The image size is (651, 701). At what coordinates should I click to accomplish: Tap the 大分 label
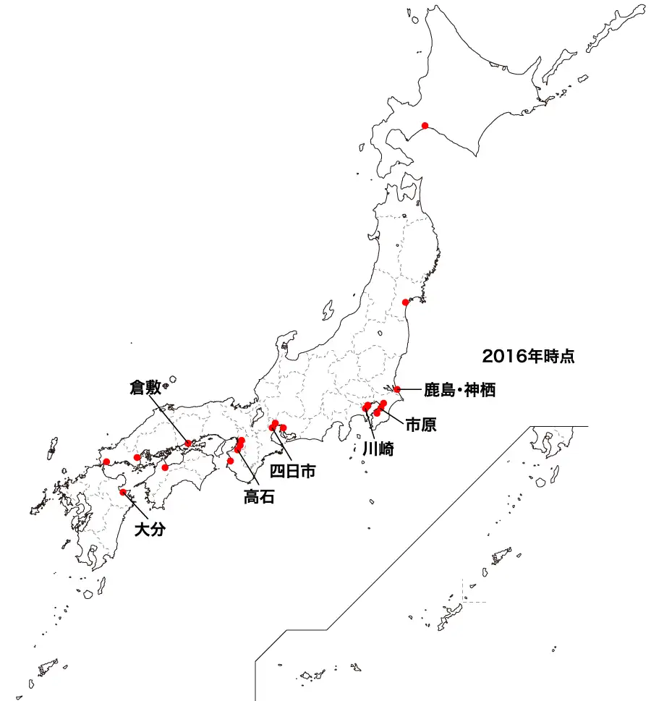pyautogui.click(x=151, y=530)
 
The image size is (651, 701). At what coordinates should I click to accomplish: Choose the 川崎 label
pyautogui.click(x=378, y=449)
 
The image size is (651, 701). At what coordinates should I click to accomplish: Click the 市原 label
pyautogui.click(x=420, y=425)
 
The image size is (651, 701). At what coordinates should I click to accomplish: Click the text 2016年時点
pyautogui.click(x=528, y=356)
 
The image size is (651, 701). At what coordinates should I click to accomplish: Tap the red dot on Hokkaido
pyautogui.click(x=425, y=125)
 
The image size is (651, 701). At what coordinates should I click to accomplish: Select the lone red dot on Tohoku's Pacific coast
pyautogui.click(x=405, y=302)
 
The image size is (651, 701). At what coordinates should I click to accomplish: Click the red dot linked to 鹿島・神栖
pyautogui.click(x=397, y=389)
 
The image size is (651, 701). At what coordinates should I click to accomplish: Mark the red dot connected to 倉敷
pyautogui.click(x=189, y=443)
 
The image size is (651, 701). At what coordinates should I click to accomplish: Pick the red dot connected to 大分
pyautogui.click(x=123, y=492)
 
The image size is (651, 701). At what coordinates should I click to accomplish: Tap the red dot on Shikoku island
pyautogui.click(x=166, y=467)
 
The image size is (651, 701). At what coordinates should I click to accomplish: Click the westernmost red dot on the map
pyautogui.click(x=106, y=462)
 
